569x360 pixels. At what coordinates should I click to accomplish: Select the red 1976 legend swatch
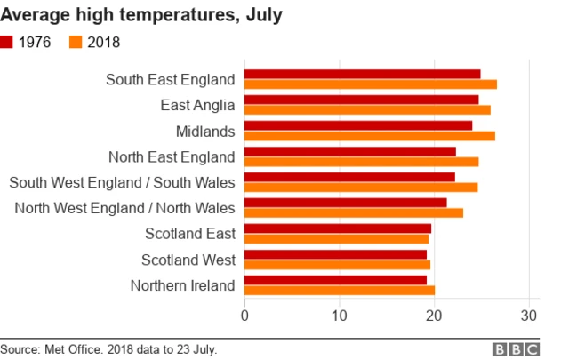pos(7,42)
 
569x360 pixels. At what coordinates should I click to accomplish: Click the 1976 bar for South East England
pos(362,74)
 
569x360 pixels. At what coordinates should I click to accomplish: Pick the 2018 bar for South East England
pos(370,84)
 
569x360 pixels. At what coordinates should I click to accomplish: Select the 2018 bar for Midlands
pos(369,136)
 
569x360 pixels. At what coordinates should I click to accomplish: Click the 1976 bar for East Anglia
pos(361,100)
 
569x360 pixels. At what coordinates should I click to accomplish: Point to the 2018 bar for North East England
pos(361,162)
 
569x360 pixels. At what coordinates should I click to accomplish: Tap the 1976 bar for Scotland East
pos(337,228)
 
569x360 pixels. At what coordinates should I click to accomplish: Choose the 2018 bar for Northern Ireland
pos(339,290)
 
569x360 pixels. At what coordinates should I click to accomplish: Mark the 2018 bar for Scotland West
pos(337,264)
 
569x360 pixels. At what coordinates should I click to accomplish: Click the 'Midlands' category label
pos(205,132)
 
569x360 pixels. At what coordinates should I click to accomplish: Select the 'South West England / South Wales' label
pos(122,182)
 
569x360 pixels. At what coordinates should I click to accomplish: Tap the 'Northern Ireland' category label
pos(182,285)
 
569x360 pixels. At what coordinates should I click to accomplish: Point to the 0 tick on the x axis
pos(244,315)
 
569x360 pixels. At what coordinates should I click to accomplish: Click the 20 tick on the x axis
pos(434,315)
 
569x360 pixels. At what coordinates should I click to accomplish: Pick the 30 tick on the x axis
pos(529,315)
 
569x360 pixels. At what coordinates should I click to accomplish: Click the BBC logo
pos(521,349)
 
